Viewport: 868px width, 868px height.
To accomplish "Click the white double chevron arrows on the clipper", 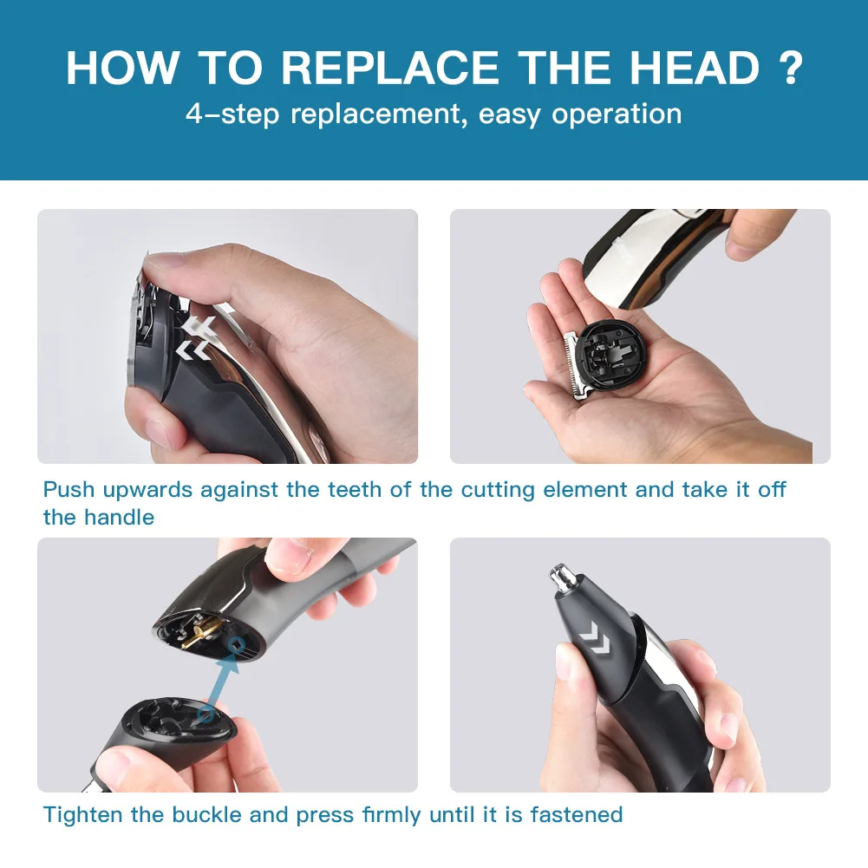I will pos(196,338).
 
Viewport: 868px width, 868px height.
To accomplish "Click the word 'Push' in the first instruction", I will pos(69,490).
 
